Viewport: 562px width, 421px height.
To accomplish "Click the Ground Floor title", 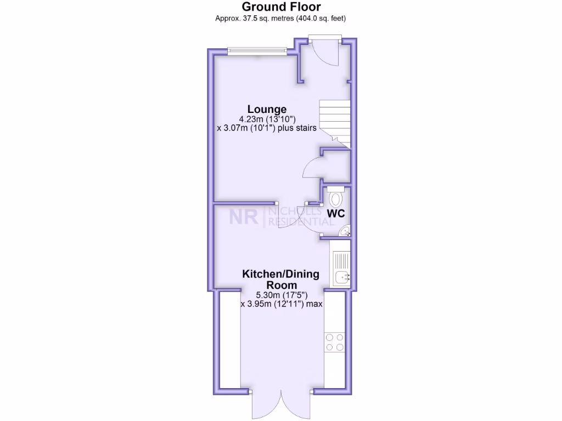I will [x=281, y=7].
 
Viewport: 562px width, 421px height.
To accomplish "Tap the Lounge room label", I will [x=267, y=109].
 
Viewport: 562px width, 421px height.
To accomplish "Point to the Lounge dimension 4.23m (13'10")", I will [x=267, y=119].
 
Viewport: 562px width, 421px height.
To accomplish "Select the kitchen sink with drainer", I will [x=340, y=268].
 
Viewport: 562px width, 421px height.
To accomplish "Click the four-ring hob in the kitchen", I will [x=335, y=342].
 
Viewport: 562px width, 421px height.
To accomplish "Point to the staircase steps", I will [x=334, y=121].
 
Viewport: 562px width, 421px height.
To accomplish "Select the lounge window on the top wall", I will [x=257, y=52].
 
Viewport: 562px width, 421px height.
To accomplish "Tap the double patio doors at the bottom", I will [x=280, y=406].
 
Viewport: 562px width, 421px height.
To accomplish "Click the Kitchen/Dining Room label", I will [x=281, y=280].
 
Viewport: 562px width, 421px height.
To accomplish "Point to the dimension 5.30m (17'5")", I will [x=281, y=295].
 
